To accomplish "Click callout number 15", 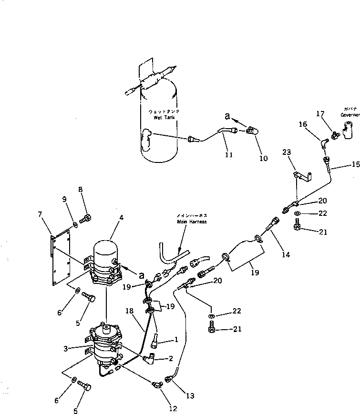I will pos(354,165).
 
